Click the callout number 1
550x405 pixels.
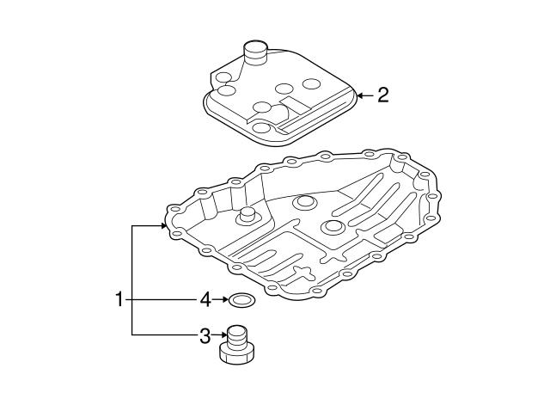pos(119,299)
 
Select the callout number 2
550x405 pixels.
pos(383,95)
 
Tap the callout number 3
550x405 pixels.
pos(205,336)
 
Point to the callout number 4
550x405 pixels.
pos(205,299)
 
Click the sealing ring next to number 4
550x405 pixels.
pos(242,300)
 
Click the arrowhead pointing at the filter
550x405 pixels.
pos(360,95)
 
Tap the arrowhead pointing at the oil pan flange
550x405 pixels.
pos(163,226)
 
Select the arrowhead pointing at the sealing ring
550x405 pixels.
pos(225,299)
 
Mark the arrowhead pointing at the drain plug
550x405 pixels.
pos(224,336)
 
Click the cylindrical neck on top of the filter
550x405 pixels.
pos(256,52)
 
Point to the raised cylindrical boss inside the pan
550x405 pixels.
pos(247,216)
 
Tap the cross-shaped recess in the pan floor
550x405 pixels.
pos(303,272)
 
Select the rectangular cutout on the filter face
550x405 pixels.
pos(294,105)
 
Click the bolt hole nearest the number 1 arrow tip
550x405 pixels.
pos(172,209)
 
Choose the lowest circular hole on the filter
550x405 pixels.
pos(262,128)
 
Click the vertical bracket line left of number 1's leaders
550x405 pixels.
pos(131,280)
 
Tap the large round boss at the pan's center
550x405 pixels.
pos(332,227)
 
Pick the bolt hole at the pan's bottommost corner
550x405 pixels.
pos(272,288)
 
